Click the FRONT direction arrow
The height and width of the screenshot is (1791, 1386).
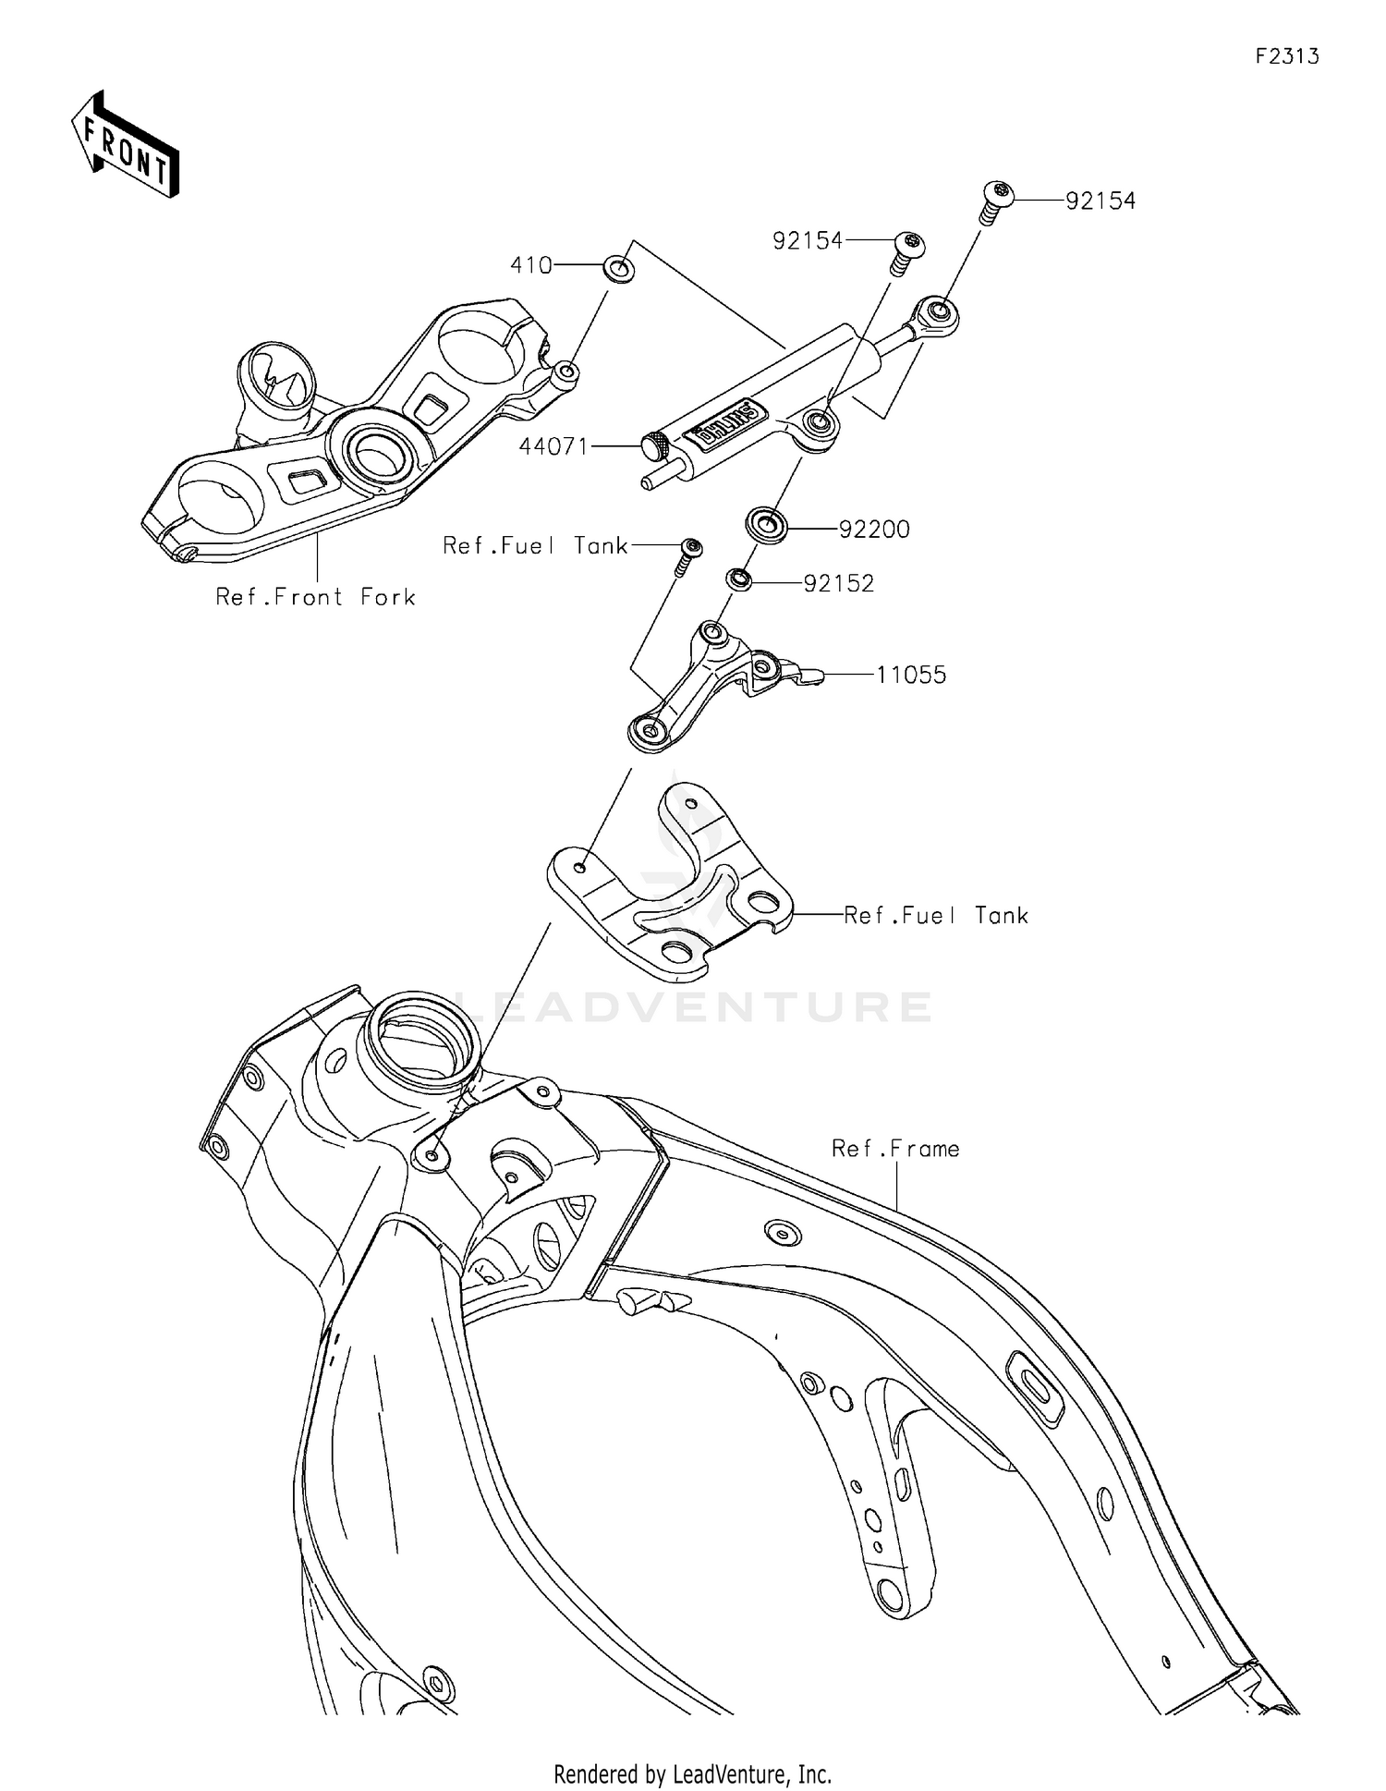pos(125,145)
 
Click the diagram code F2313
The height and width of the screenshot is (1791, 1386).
pos(1286,57)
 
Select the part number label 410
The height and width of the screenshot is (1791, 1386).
pos(531,266)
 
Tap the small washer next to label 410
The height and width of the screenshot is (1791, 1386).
pos(618,270)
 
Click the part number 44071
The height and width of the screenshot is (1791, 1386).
pos(553,447)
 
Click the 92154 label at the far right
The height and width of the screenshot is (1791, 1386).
pos(1100,201)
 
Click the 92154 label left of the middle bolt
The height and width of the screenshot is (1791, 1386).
pos(808,241)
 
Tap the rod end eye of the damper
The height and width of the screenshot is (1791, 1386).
pos(936,312)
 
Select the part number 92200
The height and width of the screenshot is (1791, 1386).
pos(874,530)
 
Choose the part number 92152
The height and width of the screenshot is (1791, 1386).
pos(838,584)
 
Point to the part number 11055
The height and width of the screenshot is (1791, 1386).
pos(911,676)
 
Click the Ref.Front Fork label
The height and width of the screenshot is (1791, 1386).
pos(315,598)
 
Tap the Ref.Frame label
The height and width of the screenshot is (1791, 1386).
pos(895,1149)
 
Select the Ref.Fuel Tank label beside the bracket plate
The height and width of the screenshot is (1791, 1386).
pos(936,916)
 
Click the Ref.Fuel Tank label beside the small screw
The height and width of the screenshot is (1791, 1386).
pos(535,546)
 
